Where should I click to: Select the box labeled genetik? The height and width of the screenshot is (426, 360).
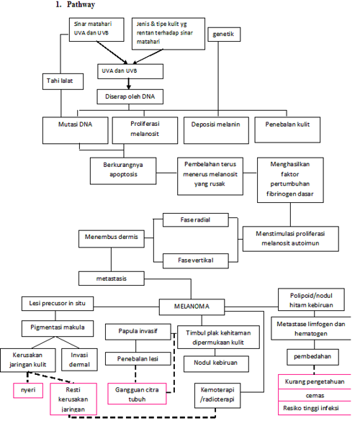click(223, 35)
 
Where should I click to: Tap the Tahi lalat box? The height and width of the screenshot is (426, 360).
click(60, 81)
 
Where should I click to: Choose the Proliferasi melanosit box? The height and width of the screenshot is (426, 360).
click(144, 128)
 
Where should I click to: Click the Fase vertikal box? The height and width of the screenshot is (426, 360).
click(195, 259)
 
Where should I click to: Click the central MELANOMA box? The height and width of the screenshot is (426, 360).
click(192, 306)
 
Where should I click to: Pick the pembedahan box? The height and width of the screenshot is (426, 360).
click(312, 357)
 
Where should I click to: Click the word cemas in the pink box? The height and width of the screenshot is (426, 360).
click(313, 394)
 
